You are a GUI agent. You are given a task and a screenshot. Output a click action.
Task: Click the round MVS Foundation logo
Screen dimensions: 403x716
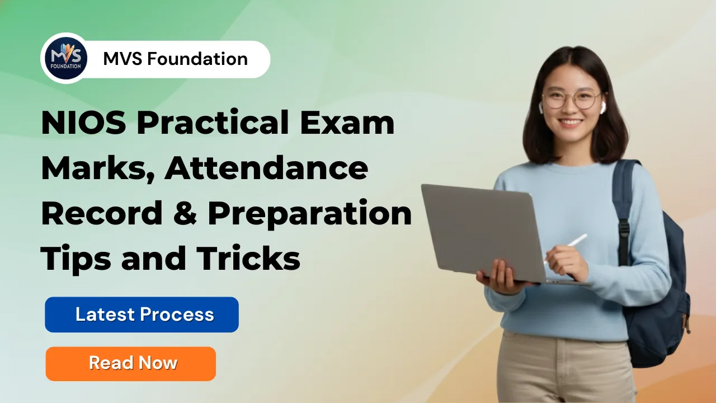(66, 58)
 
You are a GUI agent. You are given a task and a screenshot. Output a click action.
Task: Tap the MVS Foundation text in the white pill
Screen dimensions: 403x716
(175, 59)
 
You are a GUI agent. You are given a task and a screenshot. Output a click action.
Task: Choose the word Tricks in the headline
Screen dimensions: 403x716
(248, 259)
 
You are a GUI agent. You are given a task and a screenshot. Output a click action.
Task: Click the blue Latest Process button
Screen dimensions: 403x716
(142, 315)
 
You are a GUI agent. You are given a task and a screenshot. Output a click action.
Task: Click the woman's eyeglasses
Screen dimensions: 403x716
(571, 100)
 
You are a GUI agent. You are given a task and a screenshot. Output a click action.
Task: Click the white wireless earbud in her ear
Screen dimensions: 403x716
(602, 107)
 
